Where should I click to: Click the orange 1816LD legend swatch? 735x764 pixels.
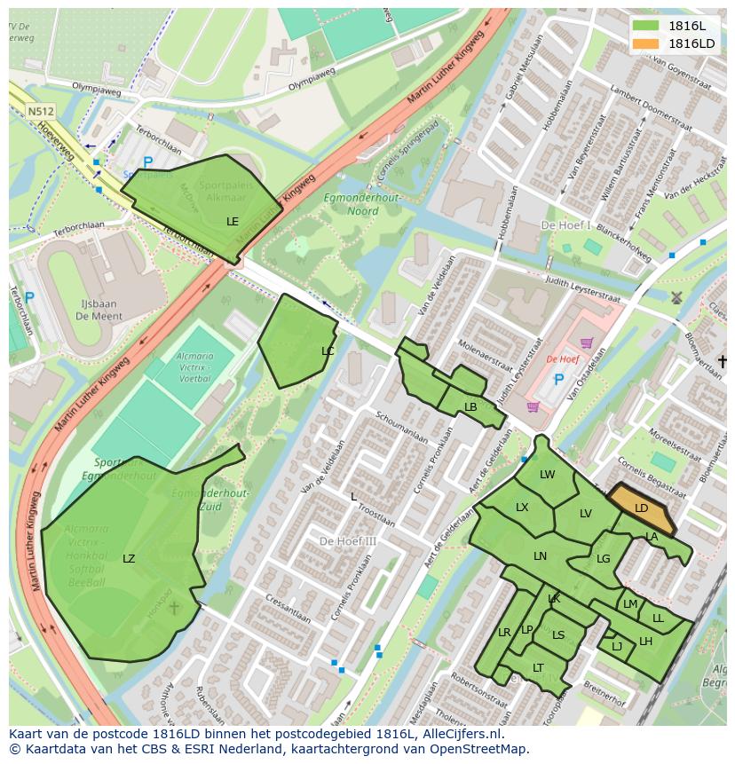tap(646, 43)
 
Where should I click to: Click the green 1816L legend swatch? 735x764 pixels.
tap(646, 26)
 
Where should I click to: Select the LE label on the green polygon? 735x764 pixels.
tap(233, 221)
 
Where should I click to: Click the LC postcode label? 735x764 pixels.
tap(328, 351)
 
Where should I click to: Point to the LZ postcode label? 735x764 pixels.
tap(129, 558)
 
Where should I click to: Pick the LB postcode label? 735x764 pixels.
tap(470, 407)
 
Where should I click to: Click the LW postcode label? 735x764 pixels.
tap(547, 475)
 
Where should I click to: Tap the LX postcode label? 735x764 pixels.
tap(522, 508)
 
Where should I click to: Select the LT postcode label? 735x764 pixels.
tap(538, 667)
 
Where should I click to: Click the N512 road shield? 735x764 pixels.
tap(40, 111)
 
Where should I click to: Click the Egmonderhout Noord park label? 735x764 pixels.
tap(351, 205)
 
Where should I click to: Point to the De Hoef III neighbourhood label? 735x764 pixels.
tap(348, 541)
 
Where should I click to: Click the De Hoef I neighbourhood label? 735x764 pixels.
tap(565, 225)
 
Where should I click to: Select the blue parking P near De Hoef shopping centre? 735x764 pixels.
tap(558, 380)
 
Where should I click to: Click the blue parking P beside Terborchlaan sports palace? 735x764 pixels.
tap(147, 162)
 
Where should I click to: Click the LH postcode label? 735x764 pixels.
tap(645, 642)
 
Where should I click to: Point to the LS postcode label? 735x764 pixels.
tap(558, 634)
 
